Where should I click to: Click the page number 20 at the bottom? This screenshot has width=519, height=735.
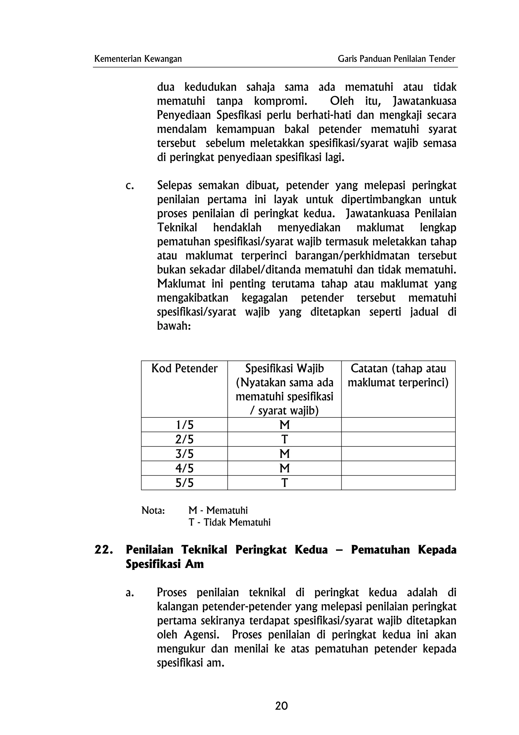(x=281, y=706)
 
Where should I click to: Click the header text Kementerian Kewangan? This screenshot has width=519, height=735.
(x=138, y=59)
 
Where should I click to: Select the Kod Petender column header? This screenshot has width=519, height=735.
(x=184, y=369)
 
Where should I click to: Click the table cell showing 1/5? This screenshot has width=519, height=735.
(x=184, y=425)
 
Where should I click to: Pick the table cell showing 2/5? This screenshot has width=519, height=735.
(x=184, y=439)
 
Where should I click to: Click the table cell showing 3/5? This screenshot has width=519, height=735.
(x=184, y=454)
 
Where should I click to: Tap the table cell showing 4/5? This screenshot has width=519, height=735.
(x=184, y=468)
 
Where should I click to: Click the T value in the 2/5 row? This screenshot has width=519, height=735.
(x=284, y=439)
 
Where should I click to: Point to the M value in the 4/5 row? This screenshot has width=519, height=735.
(x=284, y=468)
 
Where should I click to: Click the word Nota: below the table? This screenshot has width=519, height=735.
(x=153, y=511)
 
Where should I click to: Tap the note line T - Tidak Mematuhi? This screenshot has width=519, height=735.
(x=229, y=522)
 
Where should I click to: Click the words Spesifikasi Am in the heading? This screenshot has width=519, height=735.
(x=164, y=564)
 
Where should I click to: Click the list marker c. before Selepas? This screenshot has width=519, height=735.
(x=129, y=186)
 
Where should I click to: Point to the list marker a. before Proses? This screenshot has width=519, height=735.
(x=129, y=593)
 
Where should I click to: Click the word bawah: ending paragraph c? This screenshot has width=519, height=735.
(x=174, y=326)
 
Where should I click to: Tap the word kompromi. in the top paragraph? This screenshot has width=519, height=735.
(x=281, y=101)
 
